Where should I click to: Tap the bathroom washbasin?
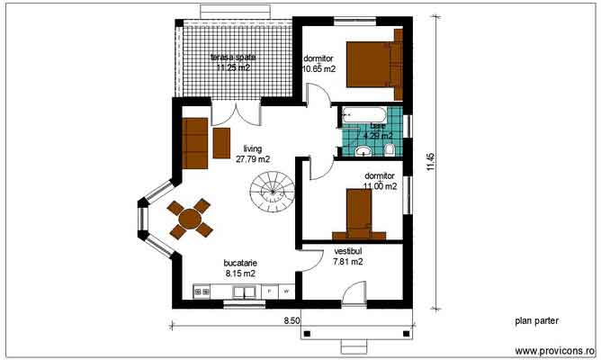(x=363, y=150)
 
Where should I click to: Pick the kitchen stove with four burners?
(x=202, y=292)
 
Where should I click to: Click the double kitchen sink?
(x=243, y=292)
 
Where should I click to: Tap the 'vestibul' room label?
(x=347, y=251)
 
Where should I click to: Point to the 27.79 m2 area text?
(x=252, y=159)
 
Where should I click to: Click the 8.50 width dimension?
(x=292, y=319)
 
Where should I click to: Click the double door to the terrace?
(x=236, y=113)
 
